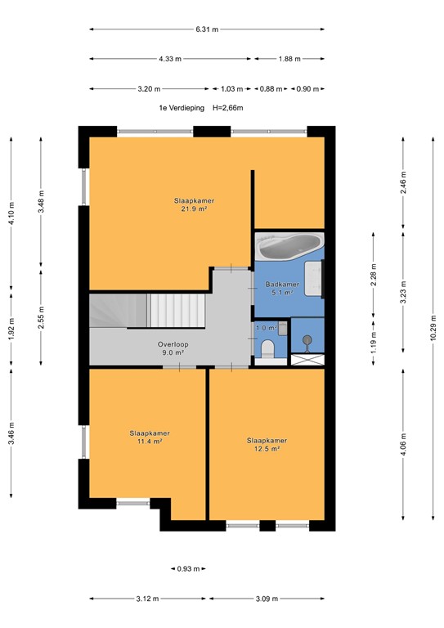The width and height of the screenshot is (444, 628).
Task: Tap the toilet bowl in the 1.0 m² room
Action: coord(265,352)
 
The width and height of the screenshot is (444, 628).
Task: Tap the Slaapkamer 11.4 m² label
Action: coord(143,437)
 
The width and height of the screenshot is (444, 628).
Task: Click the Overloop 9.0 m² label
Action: coord(173,348)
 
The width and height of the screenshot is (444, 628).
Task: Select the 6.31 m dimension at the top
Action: coord(207,29)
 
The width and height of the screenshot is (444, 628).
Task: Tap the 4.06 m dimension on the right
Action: coord(403,444)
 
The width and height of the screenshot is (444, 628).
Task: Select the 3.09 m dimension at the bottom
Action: coord(267,599)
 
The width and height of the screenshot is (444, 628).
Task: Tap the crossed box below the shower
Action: coord(307,359)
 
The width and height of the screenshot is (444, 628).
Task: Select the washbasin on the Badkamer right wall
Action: coord(316,278)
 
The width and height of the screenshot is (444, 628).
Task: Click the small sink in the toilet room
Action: coord(282,328)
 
